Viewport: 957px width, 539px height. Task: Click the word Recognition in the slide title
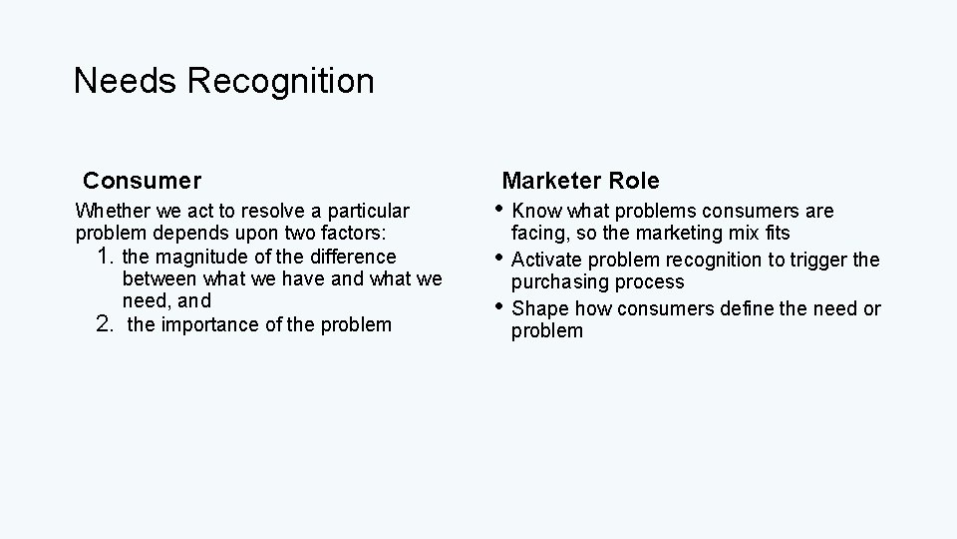[x=280, y=81]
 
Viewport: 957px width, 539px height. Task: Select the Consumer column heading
[x=143, y=181]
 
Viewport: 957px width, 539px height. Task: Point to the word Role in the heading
[x=635, y=181]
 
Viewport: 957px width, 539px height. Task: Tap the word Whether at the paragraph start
[x=112, y=211]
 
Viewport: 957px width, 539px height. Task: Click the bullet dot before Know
[x=501, y=210]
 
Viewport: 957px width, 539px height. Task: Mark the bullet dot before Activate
[x=501, y=259]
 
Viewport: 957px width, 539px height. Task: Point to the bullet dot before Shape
[x=501, y=307]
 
